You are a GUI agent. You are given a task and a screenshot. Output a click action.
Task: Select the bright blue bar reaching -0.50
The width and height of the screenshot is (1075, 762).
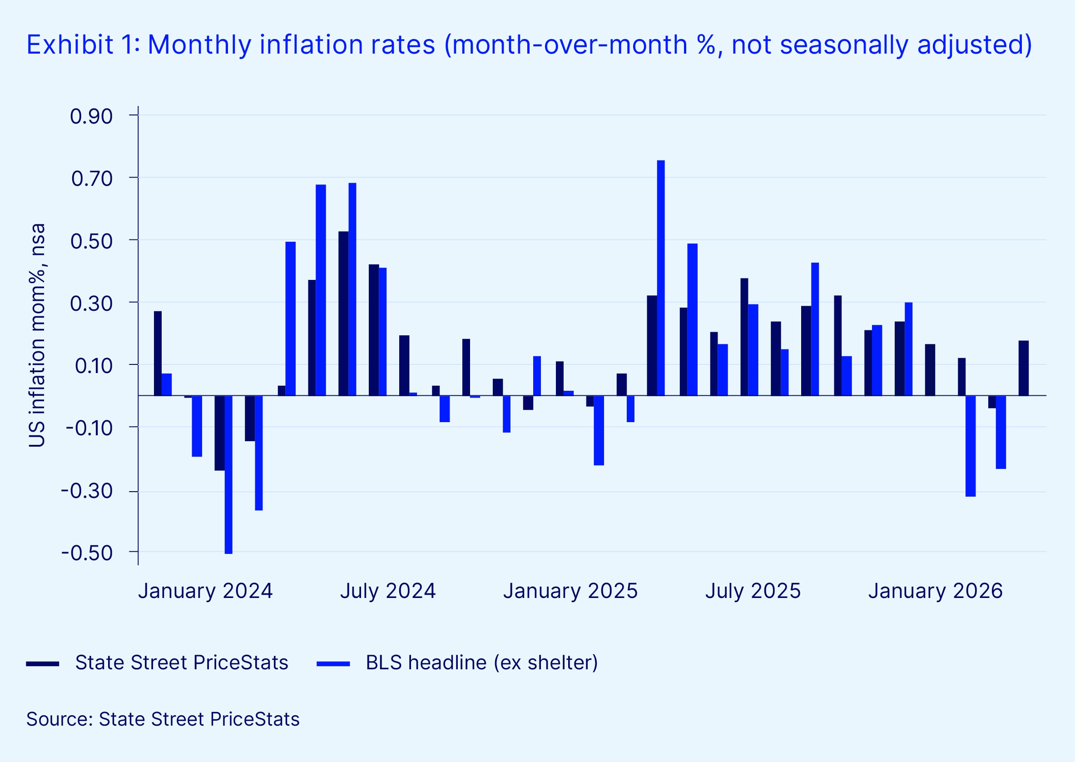point(228,474)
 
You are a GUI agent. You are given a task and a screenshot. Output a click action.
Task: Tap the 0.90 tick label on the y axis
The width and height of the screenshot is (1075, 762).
point(91,116)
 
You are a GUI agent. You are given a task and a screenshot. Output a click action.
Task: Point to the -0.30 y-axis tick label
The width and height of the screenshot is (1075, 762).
point(87,491)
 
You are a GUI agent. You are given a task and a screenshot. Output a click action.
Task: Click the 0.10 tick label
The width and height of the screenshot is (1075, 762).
point(94,365)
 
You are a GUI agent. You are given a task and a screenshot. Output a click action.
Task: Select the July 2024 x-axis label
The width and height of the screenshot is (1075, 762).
point(388,591)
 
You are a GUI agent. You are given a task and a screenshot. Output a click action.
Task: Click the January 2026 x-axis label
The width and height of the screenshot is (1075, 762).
point(935,591)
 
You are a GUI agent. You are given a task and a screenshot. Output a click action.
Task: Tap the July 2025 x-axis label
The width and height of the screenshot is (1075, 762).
point(753,591)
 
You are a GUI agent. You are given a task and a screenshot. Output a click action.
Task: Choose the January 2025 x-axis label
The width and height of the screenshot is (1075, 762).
point(570,591)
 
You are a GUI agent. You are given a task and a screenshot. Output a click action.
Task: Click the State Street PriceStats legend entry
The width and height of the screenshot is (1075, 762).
point(182,662)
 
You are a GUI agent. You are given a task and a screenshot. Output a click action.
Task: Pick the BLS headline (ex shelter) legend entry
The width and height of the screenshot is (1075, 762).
point(481,662)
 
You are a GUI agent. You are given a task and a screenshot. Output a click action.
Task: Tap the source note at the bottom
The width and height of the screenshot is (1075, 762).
point(163,719)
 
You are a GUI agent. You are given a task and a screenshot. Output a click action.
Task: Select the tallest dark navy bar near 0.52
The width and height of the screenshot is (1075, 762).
point(343,314)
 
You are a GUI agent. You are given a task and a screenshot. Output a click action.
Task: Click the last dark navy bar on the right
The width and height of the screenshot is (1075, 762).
point(1023,369)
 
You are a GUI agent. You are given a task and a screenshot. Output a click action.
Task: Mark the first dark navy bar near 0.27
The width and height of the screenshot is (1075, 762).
point(158,354)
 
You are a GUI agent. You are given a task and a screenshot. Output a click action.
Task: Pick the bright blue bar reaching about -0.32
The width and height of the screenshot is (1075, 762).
point(971,446)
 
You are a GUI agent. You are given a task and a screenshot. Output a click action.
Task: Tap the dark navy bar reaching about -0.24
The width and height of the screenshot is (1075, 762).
point(219,433)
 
